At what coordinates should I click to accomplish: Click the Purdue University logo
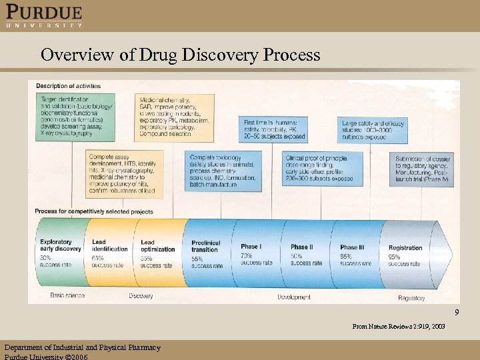point(44,16)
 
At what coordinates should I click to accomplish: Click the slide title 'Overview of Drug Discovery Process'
point(180,55)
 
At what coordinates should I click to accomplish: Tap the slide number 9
point(457,313)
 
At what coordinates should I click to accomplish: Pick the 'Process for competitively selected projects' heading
point(94,211)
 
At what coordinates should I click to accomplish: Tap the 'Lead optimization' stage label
point(157,245)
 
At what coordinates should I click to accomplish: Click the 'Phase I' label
point(251,247)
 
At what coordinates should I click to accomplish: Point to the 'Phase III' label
point(352,247)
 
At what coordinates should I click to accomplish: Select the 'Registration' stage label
point(405,247)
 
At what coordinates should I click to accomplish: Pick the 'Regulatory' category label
point(411,298)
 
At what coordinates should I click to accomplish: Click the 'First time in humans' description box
point(275,129)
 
